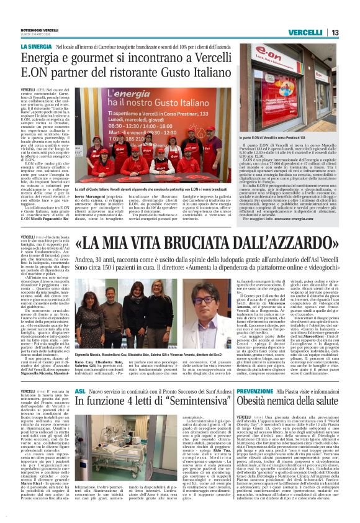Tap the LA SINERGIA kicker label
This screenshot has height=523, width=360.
(36, 47)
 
